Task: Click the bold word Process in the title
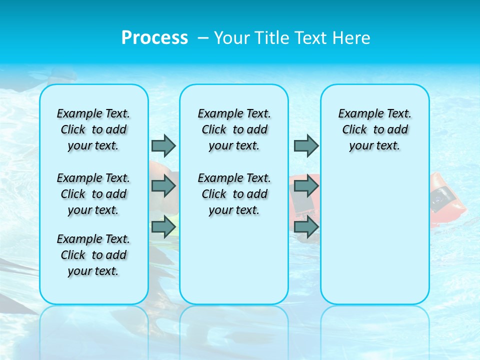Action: [154, 38]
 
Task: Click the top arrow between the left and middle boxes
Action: [163, 145]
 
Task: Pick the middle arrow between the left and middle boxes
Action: [163, 186]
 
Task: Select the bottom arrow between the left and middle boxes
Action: [163, 227]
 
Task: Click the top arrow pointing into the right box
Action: [306, 145]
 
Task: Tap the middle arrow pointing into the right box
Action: [306, 186]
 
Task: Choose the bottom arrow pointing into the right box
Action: [306, 227]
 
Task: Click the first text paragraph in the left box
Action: [93, 129]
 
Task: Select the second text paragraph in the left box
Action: [93, 194]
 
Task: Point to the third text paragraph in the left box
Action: [93, 255]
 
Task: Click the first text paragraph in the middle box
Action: [234, 129]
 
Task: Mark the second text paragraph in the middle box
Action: [234, 194]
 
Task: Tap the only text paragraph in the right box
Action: [374, 129]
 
